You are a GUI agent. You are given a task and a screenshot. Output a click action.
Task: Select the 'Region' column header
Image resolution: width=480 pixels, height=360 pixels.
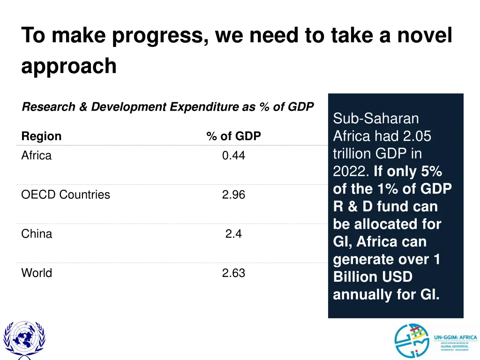(41, 136)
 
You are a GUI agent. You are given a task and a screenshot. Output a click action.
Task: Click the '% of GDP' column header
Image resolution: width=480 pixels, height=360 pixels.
(233, 136)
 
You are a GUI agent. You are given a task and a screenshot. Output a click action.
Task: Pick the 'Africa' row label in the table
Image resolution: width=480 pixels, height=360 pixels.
(37, 156)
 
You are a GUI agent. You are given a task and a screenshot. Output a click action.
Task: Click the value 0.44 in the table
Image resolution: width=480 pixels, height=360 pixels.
(233, 156)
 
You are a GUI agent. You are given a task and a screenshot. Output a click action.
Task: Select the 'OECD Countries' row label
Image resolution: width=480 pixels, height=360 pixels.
(66, 195)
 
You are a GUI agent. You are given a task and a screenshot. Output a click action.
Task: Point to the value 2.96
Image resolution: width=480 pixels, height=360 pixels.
(233, 195)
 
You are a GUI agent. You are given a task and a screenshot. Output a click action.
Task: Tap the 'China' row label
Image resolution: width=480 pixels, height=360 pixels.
(37, 234)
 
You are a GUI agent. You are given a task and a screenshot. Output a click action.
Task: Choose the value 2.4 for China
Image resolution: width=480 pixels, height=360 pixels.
(233, 234)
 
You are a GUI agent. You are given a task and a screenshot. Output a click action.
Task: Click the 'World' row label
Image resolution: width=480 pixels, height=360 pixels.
(37, 273)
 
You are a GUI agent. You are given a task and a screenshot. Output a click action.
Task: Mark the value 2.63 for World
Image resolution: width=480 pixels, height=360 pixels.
(233, 273)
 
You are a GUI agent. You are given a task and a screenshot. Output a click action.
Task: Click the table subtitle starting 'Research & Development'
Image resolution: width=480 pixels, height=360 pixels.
(167, 107)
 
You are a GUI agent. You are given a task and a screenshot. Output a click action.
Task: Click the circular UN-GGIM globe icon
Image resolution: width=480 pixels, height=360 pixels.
(411, 341)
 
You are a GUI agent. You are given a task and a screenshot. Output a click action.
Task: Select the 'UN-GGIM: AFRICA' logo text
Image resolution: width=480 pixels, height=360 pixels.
(455, 337)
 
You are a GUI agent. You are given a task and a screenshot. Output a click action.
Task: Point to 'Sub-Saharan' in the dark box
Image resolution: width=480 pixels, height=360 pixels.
(376, 119)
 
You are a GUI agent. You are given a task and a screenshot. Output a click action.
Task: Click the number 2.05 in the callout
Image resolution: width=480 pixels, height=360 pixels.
(417, 136)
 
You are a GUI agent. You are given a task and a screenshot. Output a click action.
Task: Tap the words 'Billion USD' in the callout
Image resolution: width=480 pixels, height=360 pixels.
(373, 277)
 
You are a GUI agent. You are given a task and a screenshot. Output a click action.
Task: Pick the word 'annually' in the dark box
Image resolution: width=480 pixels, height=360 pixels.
(360, 295)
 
